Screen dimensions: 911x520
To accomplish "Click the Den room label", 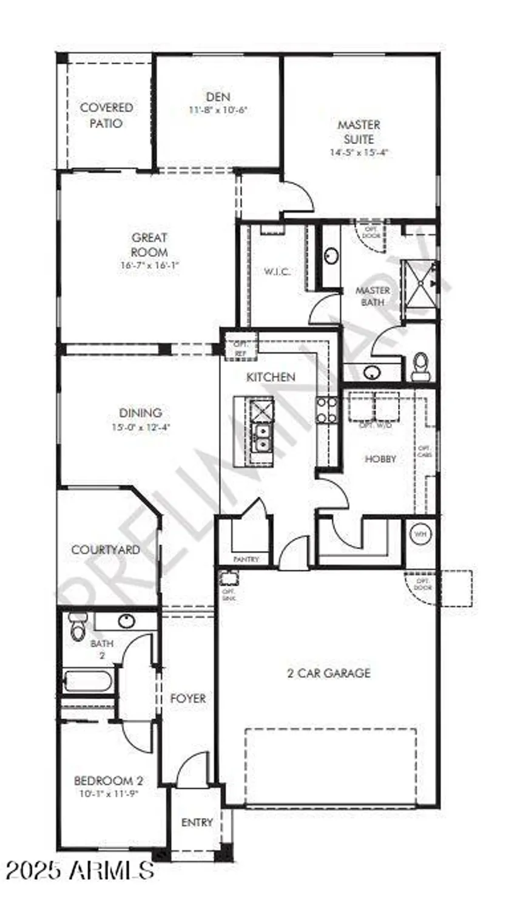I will coord(218,97).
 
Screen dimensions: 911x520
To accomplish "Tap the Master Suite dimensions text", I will coord(358,152).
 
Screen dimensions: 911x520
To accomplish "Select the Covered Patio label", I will coord(106,115).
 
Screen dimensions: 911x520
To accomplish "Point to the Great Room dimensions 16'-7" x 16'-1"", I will coord(149,265).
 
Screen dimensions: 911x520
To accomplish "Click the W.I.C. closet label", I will coord(276,271).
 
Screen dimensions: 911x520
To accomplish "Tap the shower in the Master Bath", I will coord(419,282).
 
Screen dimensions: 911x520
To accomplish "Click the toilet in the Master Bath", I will coord(420,366).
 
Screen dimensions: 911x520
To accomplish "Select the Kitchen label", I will coord(271,377).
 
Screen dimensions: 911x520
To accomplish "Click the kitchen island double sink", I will coord(262,437).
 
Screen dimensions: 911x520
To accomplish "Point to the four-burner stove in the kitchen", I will coord(326,410).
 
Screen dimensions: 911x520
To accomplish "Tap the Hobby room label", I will coord(380,459).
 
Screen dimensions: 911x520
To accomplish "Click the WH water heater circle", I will coord(420,534).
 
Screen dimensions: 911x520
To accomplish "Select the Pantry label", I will coord(246,559).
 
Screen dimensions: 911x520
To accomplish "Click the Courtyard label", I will coord(106,550).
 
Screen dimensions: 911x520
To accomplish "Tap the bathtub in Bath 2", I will coord(87,680).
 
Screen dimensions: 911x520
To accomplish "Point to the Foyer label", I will coord(187,699).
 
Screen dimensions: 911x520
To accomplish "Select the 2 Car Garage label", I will coord(328,673).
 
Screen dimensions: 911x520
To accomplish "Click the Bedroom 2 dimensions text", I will coord(107,793).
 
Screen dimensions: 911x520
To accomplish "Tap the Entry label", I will coord(197,822).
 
